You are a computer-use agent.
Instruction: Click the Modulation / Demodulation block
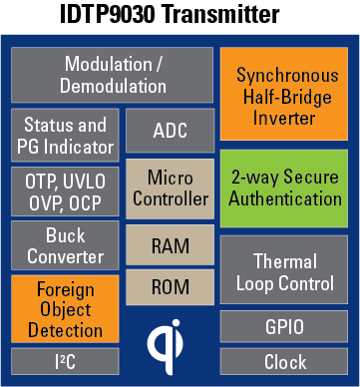pyautogui.click(x=112, y=75)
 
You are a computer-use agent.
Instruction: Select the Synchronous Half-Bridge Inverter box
pyautogui.click(x=284, y=94)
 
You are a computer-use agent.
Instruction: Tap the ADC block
pyautogui.click(x=171, y=131)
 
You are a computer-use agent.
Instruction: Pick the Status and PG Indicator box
pyautogui.click(x=65, y=135)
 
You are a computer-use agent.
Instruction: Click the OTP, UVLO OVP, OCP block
pyautogui.click(x=65, y=192)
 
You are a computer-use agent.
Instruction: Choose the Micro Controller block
pyautogui.click(x=171, y=189)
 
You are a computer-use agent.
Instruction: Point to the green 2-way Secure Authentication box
pyautogui.click(x=284, y=189)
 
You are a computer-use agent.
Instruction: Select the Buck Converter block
pyautogui.click(x=65, y=245)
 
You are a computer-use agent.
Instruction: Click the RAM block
pyautogui.click(x=171, y=245)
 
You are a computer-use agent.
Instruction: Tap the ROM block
pyautogui.click(x=171, y=287)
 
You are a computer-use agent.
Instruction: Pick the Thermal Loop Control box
pyautogui.click(x=284, y=269)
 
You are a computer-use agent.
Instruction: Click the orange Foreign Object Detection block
pyautogui.click(x=65, y=309)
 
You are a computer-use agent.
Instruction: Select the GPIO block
pyautogui.click(x=284, y=326)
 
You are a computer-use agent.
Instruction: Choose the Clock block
pyautogui.click(x=284, y=361)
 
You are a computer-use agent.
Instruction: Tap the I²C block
pyautogui.click(x=65, y=361)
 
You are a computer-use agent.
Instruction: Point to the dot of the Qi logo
pyautogui.click(x=176, y=323)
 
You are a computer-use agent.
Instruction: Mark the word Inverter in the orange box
pyautogui.click(x=284, y=119)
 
